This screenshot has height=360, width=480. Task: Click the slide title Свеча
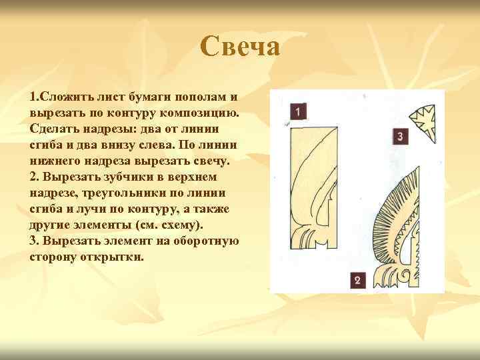click(x=240, y=47)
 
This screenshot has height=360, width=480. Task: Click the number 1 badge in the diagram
click(x=298, y=111)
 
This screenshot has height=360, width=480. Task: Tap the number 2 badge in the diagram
click(x=357, y=280)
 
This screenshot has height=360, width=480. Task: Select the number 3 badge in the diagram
click(x=399, y=137)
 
